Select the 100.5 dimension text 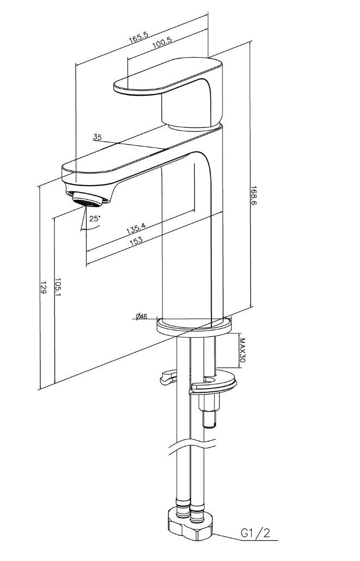coord(162,42)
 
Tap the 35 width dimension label coord(97,137)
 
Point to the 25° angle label coord(95,218)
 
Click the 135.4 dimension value coord(136,227)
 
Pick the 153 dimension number coord(136,240)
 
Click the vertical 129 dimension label coord(44,287)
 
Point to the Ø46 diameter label coord(142,316)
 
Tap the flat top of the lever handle coord(167,77)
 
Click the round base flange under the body coord(194,327)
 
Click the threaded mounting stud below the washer coord(208,410)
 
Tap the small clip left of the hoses coord(167,378)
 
